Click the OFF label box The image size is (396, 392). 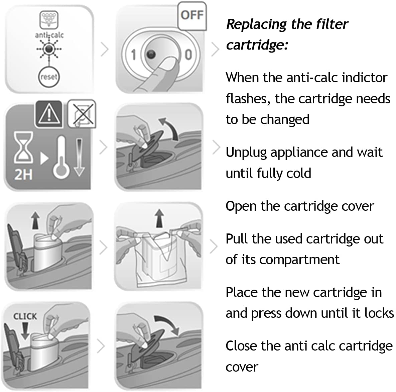(x=192, y=15)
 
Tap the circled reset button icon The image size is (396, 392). (x=49, y=77)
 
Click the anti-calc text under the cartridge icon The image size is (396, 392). (x=49, y=35)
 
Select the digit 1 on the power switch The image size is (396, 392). (x=133, y=55)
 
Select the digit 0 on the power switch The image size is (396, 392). (x=188, y=55)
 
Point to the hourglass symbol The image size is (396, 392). (x=23, y=147)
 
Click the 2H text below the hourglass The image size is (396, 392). (x=23, y=175)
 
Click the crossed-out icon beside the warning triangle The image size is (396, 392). (x=82, y=114)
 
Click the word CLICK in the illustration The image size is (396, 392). (x=25, y=316)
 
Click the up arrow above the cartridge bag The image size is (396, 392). (x=159, y=218)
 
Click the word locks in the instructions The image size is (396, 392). (x=379, y=313)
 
